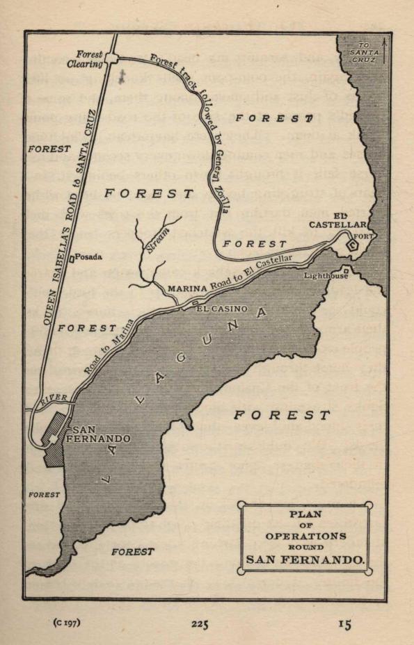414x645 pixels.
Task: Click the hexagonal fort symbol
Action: [x=353, y=243]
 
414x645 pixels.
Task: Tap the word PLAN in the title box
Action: [x=306, y=514]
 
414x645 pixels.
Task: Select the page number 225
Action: [x=200, y=624]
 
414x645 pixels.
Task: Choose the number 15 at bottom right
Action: [x=344, y=624]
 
